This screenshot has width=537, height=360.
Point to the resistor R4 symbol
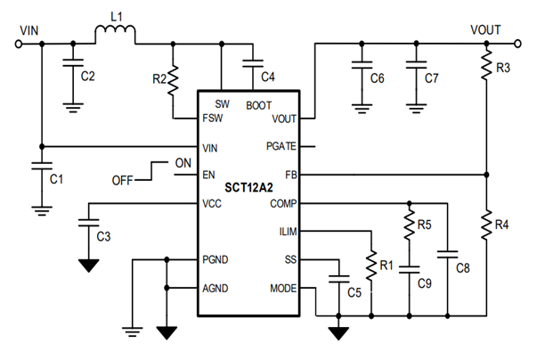point(485,225)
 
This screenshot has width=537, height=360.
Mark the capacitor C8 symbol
point(448,255)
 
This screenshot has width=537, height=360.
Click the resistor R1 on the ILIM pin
point(370,266)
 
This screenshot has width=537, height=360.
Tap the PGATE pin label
point(281,145)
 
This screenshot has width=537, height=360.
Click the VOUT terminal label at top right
point(486,29)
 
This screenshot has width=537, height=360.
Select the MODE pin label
point(283,290)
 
